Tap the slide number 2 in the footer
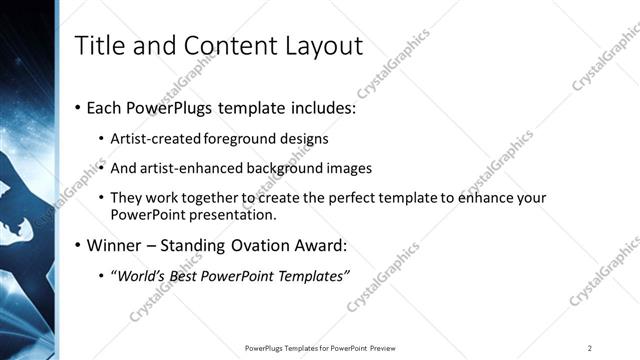point(590,347)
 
